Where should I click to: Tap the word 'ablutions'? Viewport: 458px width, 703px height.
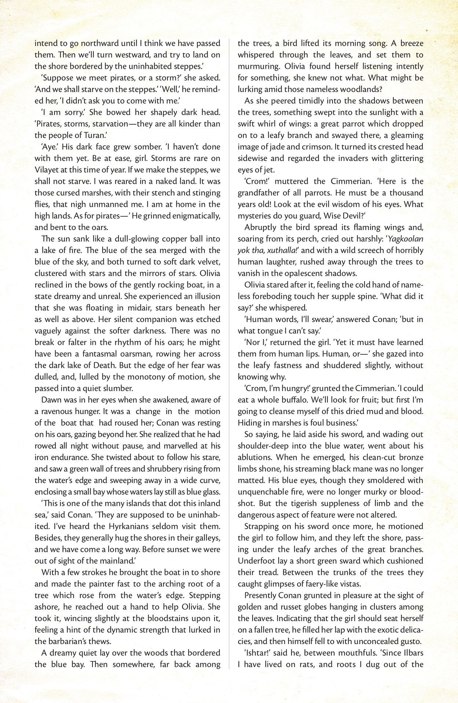tap(254, 457)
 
